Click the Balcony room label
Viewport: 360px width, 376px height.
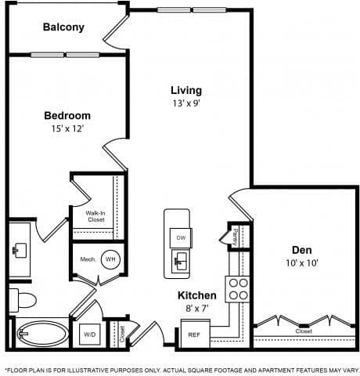63,27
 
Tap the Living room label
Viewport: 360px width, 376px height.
187,89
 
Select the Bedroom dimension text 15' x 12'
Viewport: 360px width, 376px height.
67,129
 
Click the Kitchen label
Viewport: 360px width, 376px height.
193,296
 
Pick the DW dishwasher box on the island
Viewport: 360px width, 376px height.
180,237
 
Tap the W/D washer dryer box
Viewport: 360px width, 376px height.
88,334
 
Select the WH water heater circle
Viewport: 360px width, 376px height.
112,259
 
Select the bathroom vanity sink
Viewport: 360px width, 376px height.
20,250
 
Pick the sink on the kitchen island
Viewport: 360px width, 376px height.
180,260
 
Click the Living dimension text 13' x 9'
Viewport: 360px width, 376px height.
187,103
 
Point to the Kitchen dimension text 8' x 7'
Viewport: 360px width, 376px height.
193,309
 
